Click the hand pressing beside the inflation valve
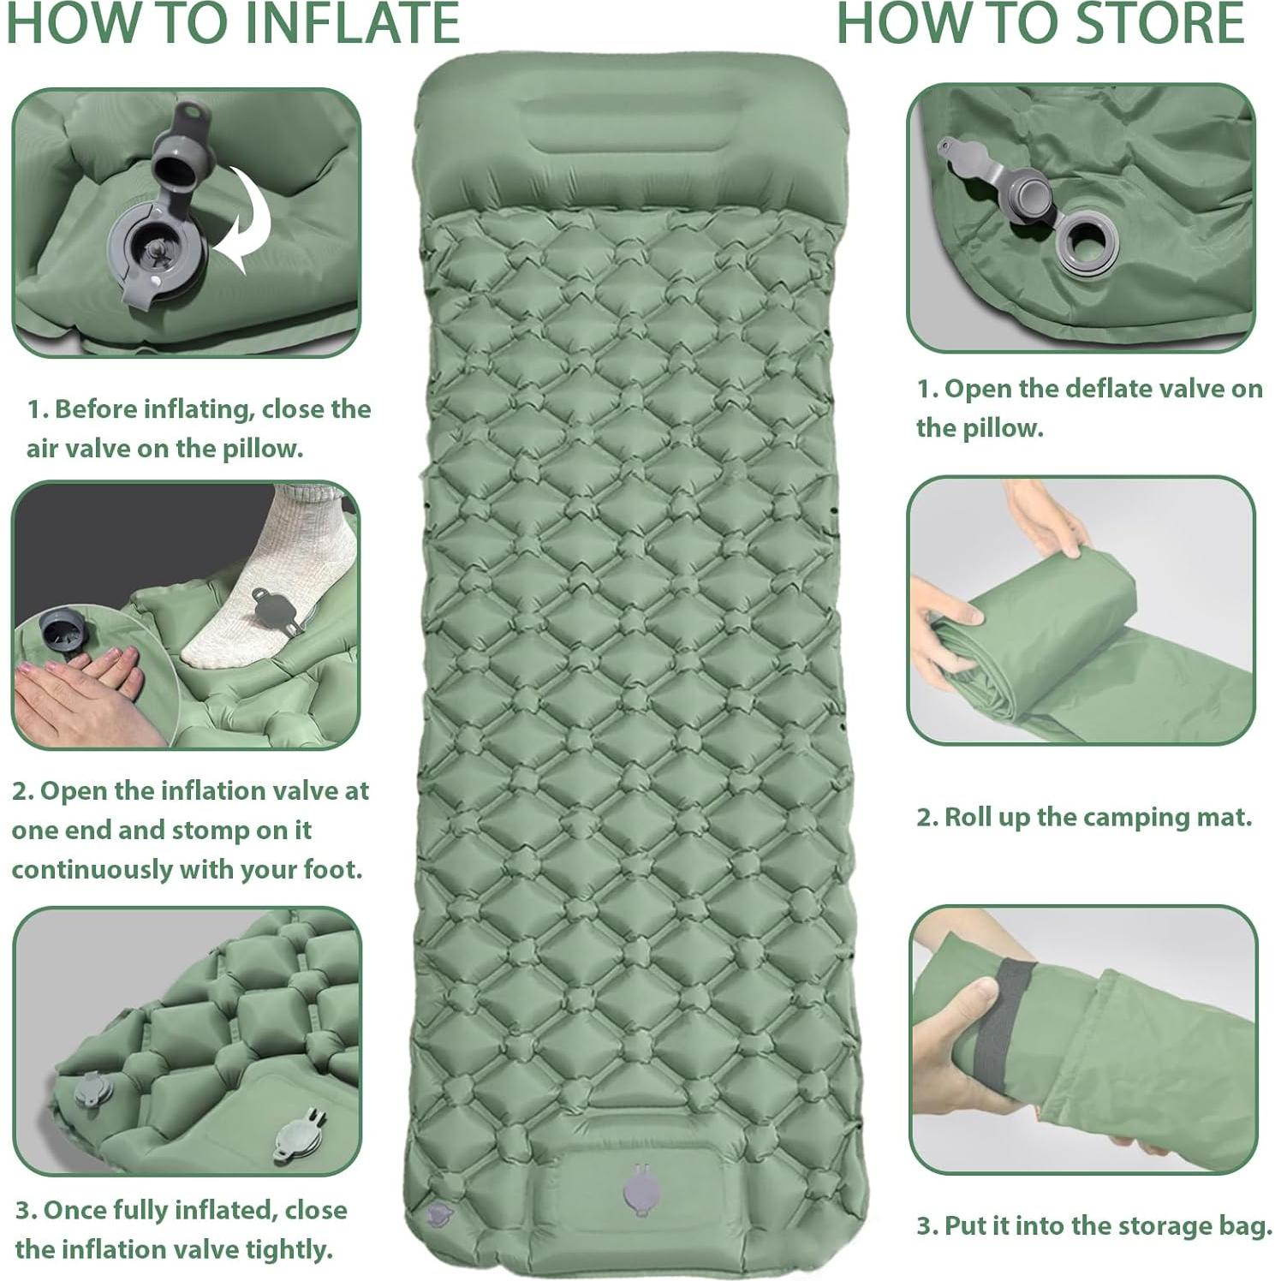point(77,685)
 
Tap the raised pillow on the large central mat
point(631,137)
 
